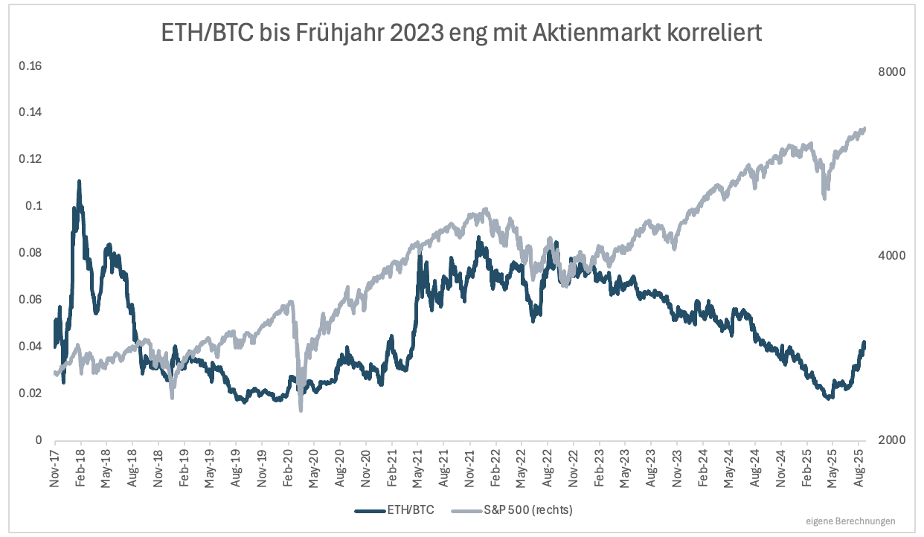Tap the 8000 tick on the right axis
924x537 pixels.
tap(891, 72)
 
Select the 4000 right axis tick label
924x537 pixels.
tap(891, 256)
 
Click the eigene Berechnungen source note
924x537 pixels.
tap(850, 521)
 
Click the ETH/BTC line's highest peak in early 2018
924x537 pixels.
tap(79, 181)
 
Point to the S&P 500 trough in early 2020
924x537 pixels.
tap(301, 408)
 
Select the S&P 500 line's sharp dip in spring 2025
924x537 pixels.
tap(824, 196)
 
